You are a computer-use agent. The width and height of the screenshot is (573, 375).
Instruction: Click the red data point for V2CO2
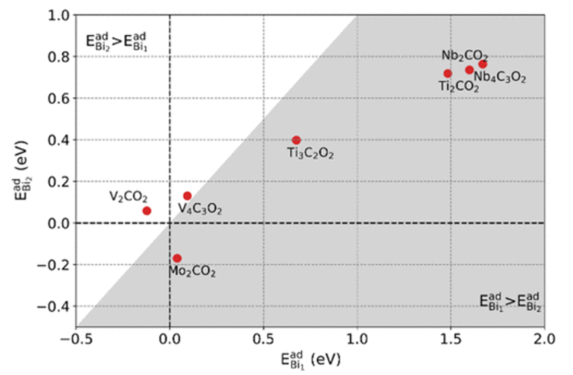147,210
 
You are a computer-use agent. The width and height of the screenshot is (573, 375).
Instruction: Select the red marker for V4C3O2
187,196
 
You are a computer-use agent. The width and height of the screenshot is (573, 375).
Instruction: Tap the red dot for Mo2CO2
177,258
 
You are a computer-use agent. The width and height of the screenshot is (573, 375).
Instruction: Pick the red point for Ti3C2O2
296,140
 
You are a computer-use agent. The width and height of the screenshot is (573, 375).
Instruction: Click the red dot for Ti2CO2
447,73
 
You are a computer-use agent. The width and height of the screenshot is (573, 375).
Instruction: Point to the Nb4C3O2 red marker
483,64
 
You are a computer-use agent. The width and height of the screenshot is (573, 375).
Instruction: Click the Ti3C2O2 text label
310,154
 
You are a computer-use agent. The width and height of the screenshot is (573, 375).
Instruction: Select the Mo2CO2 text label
192,272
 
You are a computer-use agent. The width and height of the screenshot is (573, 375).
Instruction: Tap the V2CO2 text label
128,197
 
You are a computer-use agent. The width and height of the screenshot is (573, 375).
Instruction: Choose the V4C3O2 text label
200,209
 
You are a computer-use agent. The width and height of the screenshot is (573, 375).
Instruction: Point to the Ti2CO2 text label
458,86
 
